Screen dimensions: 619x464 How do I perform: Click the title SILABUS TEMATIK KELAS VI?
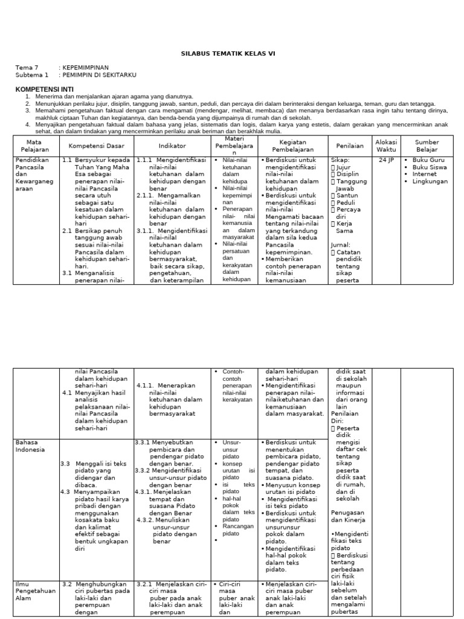point(232,54)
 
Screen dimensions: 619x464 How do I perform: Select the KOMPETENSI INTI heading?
point(42,89)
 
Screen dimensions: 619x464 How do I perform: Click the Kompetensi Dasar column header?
point(96,146)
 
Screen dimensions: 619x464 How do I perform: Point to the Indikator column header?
point(172,146)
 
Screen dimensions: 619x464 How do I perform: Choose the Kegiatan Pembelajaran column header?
point(292,146)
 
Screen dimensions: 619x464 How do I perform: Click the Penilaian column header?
point(350,146)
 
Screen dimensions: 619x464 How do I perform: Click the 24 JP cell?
point(386,160)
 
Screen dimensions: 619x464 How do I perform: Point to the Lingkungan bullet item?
point(430,181)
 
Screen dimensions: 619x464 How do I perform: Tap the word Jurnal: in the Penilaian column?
point(341,245)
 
